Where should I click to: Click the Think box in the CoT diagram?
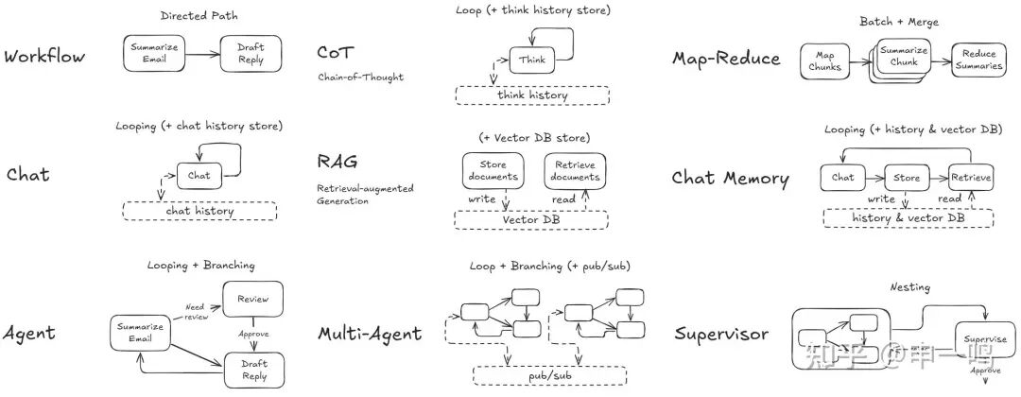tap(531, 60)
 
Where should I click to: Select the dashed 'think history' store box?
tap(532, 95)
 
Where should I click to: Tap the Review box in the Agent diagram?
tap(252, 299)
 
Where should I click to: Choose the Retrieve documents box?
tap(575, 170)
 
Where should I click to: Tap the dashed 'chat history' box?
tap(199, 211)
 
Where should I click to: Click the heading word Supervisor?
tap(720, 334)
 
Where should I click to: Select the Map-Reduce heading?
tap(726, 59)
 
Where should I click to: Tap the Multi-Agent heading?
tap(370, 334)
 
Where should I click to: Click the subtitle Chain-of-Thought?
tap(360, 77)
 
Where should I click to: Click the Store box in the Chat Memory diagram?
tap(907, 177)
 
